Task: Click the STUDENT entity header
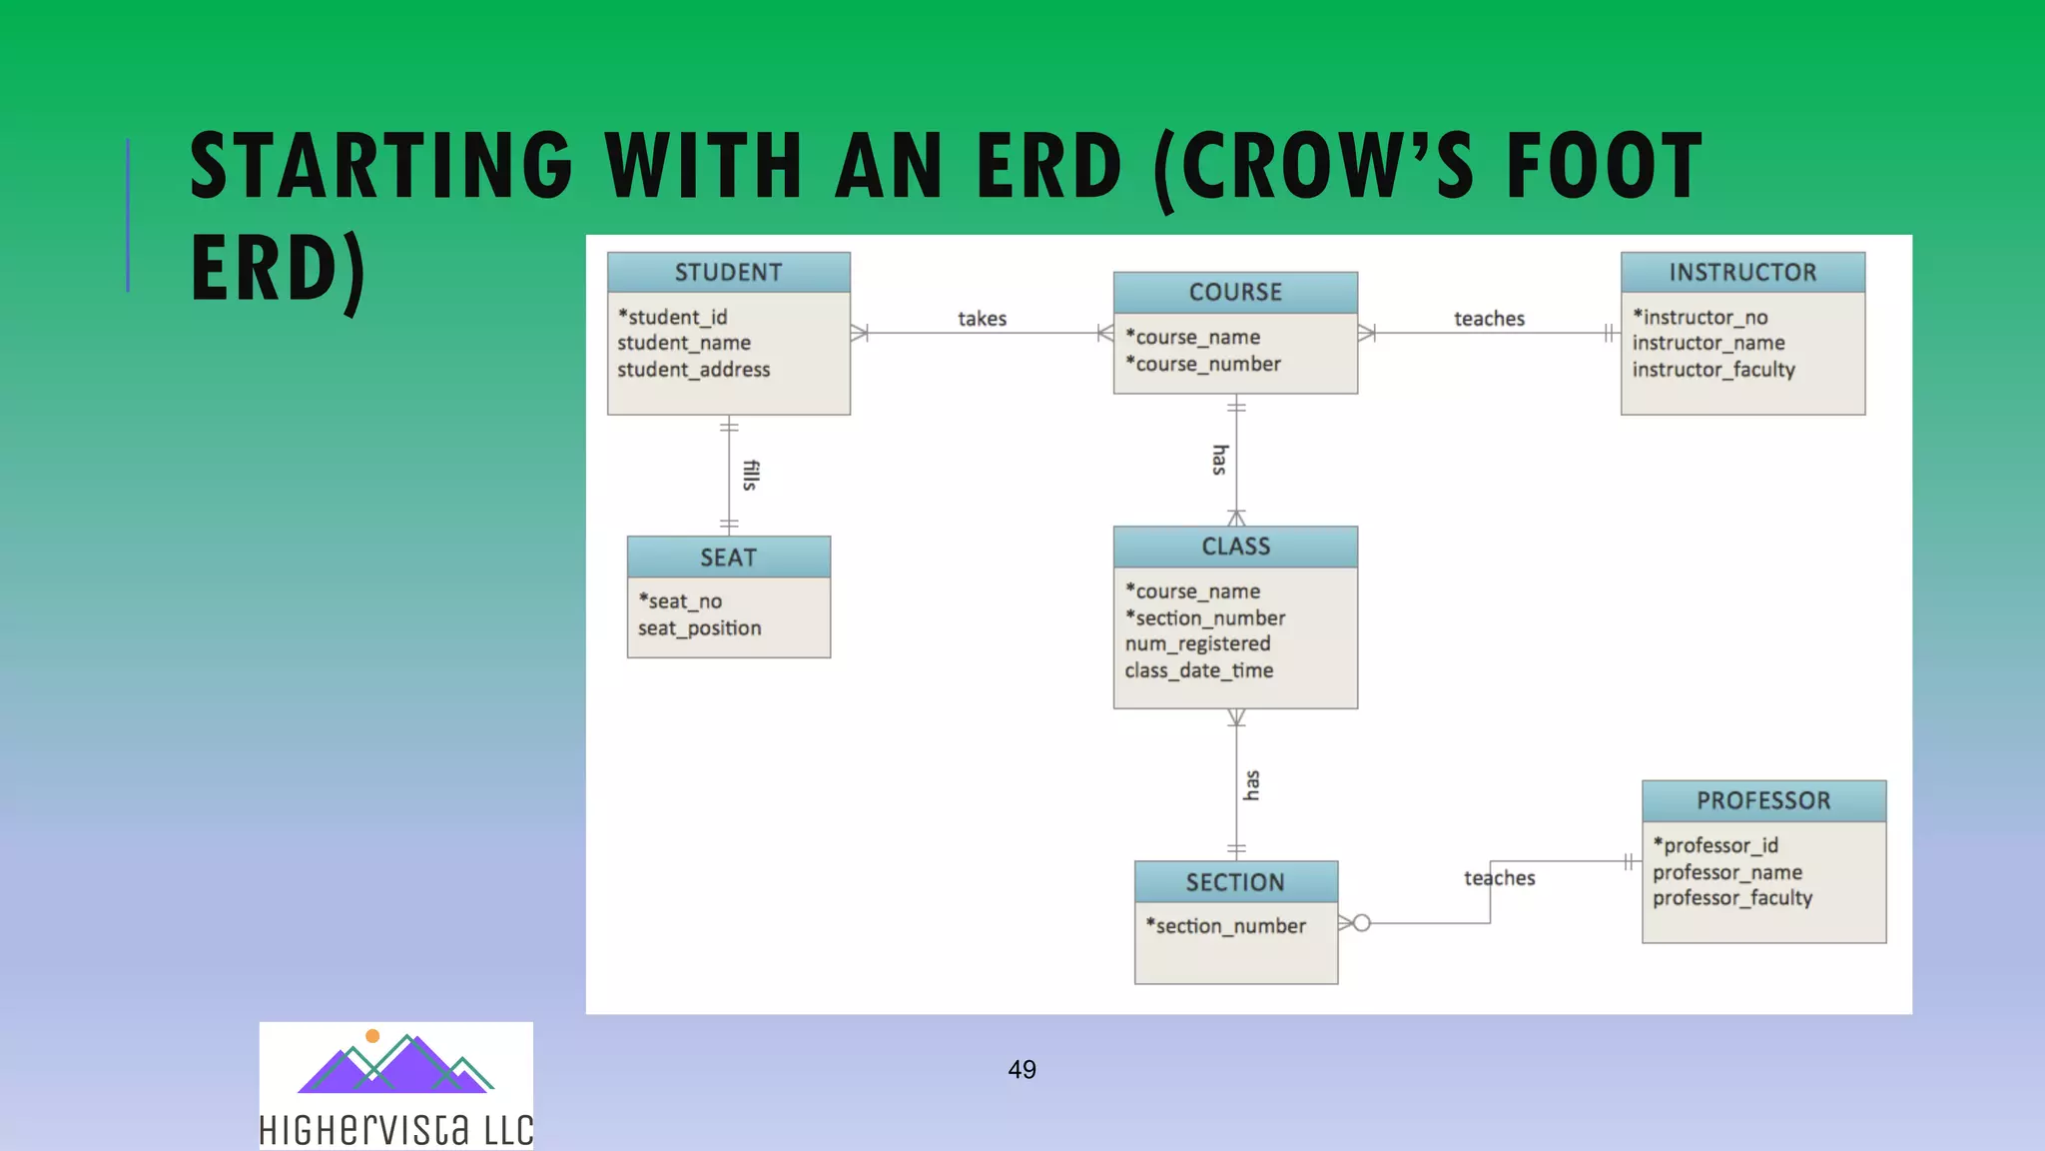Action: pyautogui.click(x=728, y=272)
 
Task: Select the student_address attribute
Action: pyautogui.click(x=693, y=370)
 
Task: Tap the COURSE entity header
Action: pyautogui.click(x=1235, y=292)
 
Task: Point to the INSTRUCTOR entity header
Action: pyautogui.click(x=1742, y=272)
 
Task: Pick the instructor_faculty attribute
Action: pyautogui.click(x=1713, y=370)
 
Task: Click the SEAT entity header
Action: pyautogui.click(x=728, y=558)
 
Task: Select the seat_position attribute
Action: pyautogui.click(x=699, y=628)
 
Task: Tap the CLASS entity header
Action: pyautogui.click(x=1235, y=547)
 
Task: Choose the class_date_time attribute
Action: pyautogui.click(x=1198, y=670)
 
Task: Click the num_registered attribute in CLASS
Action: pyautogui.click(x=1197, y=644)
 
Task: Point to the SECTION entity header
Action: pyautogui.click(x=1235, y=882)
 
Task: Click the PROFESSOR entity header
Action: pyautogui.click(x=1763, y=800)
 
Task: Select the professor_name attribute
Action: pyautogui.click(x=1726, y=872)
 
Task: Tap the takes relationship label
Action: pyautogui.click(x=982, y=319)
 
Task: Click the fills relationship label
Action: pyautogui.click(x=751, y=475)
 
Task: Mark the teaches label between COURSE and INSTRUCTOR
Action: pyautogui.click(x=1489, y=319)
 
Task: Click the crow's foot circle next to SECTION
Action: pyautogui.click(x=1362, y=922)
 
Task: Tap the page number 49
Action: pyautogui.click(x=1022, y=1069)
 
